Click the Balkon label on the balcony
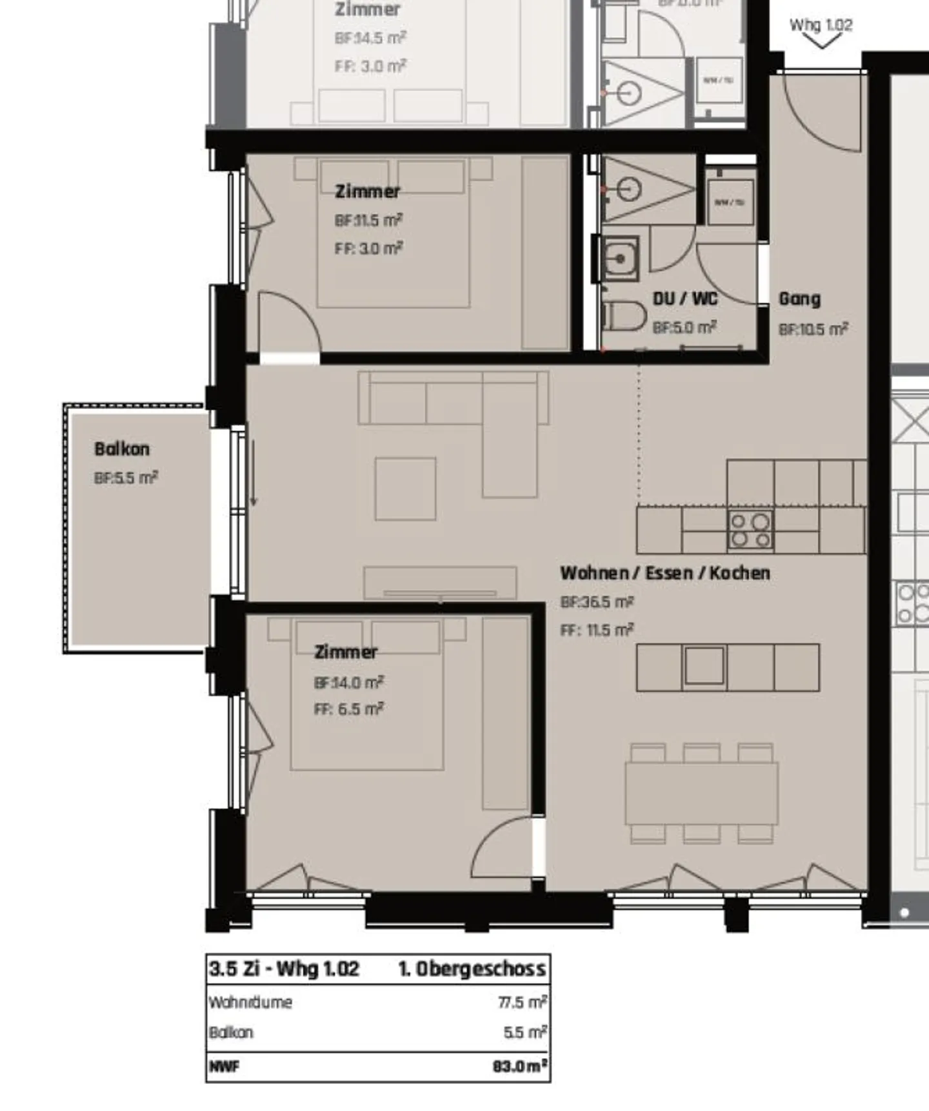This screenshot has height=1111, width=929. [121, 448]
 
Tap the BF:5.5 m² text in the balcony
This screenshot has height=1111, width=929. [126, 478]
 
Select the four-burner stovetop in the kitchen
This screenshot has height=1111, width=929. [750, 530]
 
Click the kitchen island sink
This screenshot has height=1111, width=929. [704, 666]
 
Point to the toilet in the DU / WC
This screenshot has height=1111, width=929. [624, 317]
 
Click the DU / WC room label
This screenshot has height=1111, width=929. [684, 299]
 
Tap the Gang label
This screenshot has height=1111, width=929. [799, 299]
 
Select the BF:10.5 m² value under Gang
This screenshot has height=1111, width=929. [813, 329]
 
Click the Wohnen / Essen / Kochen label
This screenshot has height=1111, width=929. [664, 573]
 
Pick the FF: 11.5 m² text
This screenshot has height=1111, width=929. [597, 630]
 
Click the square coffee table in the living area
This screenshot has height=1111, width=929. [405, 488]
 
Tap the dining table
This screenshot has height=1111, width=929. [701, 793]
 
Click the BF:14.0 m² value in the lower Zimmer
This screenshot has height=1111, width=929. [348, 682]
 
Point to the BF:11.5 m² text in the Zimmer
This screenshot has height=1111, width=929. [368, 220]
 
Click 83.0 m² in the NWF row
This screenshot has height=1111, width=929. [520, 1066]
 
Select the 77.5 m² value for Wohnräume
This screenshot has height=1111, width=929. [522, 1002]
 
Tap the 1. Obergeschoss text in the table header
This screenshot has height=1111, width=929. [472, 968]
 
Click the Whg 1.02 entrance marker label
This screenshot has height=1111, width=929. [821, 25]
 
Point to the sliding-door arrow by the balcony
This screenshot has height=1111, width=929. [254, 473]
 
